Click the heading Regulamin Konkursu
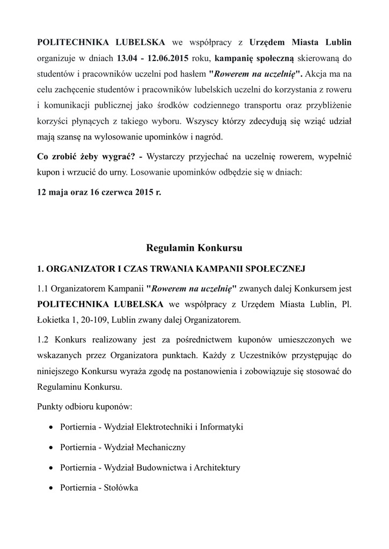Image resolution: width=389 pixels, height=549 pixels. [x=194, y=248]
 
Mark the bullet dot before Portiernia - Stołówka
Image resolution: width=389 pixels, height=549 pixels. [x=50, y=488]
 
